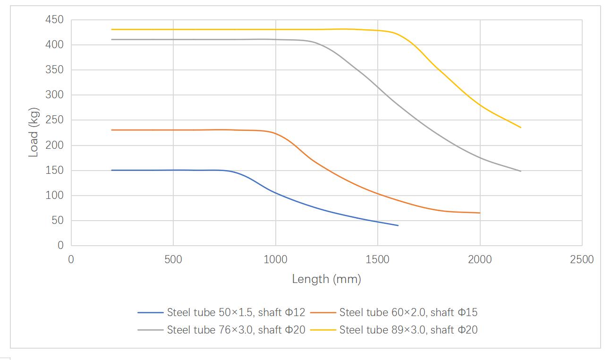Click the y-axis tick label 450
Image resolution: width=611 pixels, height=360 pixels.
(x=54, y=20)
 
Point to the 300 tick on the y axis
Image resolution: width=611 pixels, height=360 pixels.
(x=54, y=95)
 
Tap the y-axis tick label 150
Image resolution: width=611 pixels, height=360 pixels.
(x=54, y=171)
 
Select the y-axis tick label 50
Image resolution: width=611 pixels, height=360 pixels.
(x=57, y=221)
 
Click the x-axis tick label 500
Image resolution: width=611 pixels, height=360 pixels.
(x=173, y=259)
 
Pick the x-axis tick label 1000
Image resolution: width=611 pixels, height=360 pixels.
(x=275, y=259)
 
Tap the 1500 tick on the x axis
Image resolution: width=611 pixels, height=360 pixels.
(x=378, y=259)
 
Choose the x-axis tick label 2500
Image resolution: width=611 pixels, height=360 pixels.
(x=582, y=259)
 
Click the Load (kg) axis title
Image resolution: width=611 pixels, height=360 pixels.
(x=34, y=132)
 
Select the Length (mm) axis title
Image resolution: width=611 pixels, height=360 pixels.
(x=326, y=279)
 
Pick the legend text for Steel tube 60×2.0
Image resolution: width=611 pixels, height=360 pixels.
(x=408, y=312)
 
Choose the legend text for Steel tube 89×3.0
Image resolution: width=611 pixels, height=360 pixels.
(x=408, y=330)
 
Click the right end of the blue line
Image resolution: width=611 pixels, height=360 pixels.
(x=398, y=225)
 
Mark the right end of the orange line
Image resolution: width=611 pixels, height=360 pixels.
(x=480, y=213)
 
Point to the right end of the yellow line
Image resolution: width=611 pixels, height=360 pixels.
(x=521, y=128)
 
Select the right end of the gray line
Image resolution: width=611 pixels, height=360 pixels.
(x=521, y=171)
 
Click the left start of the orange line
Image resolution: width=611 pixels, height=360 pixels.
(x=112, y=130)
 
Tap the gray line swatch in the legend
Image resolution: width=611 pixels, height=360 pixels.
(x=151, y=330)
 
